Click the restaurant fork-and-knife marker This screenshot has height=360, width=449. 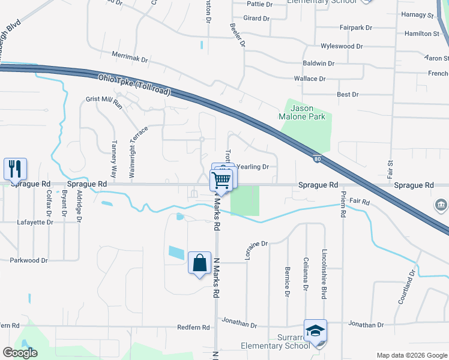click(15, 169)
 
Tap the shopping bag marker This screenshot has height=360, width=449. click(199, 263)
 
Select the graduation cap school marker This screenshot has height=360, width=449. click(315, 331)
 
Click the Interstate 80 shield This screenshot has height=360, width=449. click(316, 159)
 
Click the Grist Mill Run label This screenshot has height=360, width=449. click(104, 101)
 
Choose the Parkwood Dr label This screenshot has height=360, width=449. click(28, 260)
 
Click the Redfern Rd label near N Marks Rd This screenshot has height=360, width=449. click(193, 328)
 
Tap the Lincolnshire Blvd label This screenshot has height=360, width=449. click(324, 266)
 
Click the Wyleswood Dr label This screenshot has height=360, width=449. click(342, 46)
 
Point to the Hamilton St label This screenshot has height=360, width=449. click(421, 34)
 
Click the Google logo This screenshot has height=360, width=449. click(20, 353)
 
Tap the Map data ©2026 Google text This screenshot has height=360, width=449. click(411, 355)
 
